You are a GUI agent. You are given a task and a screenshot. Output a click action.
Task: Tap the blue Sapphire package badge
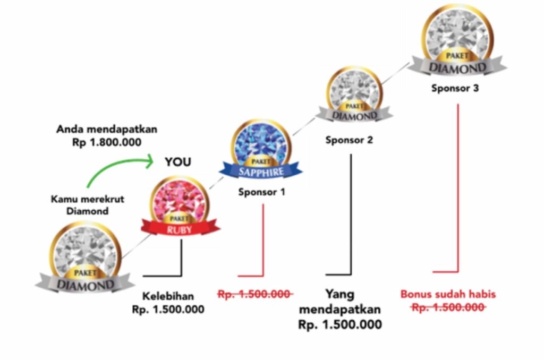tap(260, 149)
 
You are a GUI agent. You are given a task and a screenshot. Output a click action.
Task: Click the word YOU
tap(177, 162)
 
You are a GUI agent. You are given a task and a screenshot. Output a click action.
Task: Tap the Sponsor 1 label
tap(261, 192)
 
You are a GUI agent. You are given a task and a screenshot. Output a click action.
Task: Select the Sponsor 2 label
tap(349, 141)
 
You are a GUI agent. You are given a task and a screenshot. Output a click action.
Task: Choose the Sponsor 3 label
tap(455, 89)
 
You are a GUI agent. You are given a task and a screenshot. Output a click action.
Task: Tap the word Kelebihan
tap(168, 296)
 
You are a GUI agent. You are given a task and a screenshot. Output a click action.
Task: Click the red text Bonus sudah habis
tap(448, 294)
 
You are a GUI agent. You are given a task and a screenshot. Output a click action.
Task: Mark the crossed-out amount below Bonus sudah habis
tap(448, 307)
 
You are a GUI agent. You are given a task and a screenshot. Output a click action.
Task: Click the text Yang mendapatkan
tap(340, 302)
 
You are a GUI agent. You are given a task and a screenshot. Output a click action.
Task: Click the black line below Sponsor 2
tap(351, 212)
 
